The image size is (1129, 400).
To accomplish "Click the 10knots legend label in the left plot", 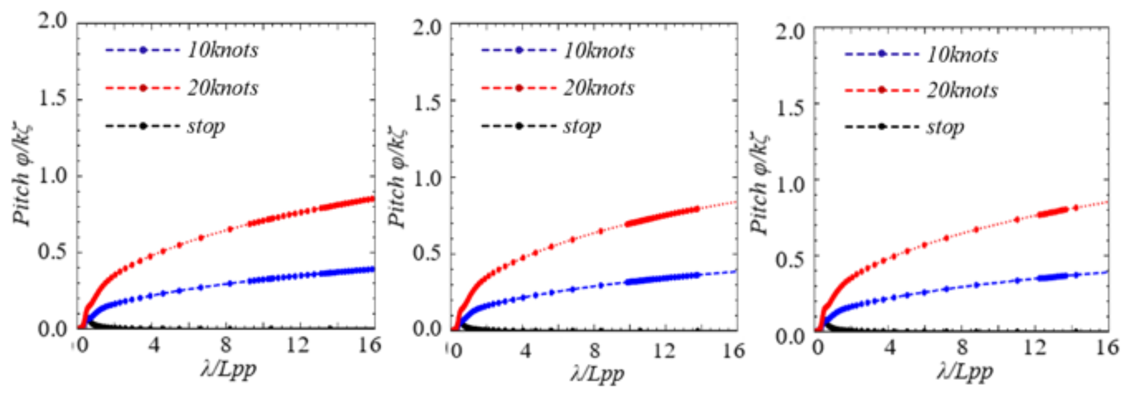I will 223,51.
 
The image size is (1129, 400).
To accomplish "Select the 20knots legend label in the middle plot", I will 599,88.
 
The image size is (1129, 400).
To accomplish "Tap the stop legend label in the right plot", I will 944,127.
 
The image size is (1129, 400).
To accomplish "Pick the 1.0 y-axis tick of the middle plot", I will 428,178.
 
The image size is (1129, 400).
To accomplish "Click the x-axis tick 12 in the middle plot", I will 663,351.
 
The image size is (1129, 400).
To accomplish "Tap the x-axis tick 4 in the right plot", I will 890,348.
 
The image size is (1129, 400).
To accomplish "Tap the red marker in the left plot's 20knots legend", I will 143,88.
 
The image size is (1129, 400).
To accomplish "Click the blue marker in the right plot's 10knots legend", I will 881,54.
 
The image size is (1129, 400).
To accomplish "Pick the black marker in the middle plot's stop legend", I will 519,126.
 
